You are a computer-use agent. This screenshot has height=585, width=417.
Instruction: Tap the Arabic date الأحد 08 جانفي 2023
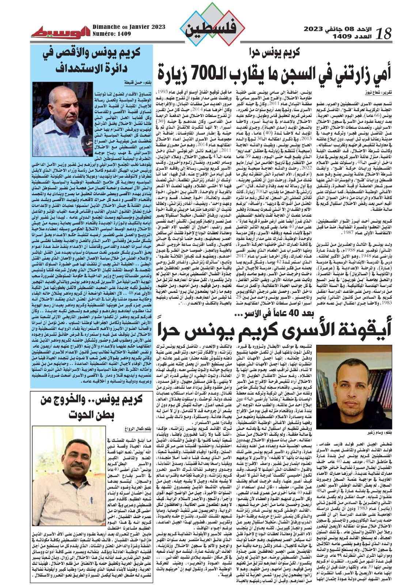click(335, 29)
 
